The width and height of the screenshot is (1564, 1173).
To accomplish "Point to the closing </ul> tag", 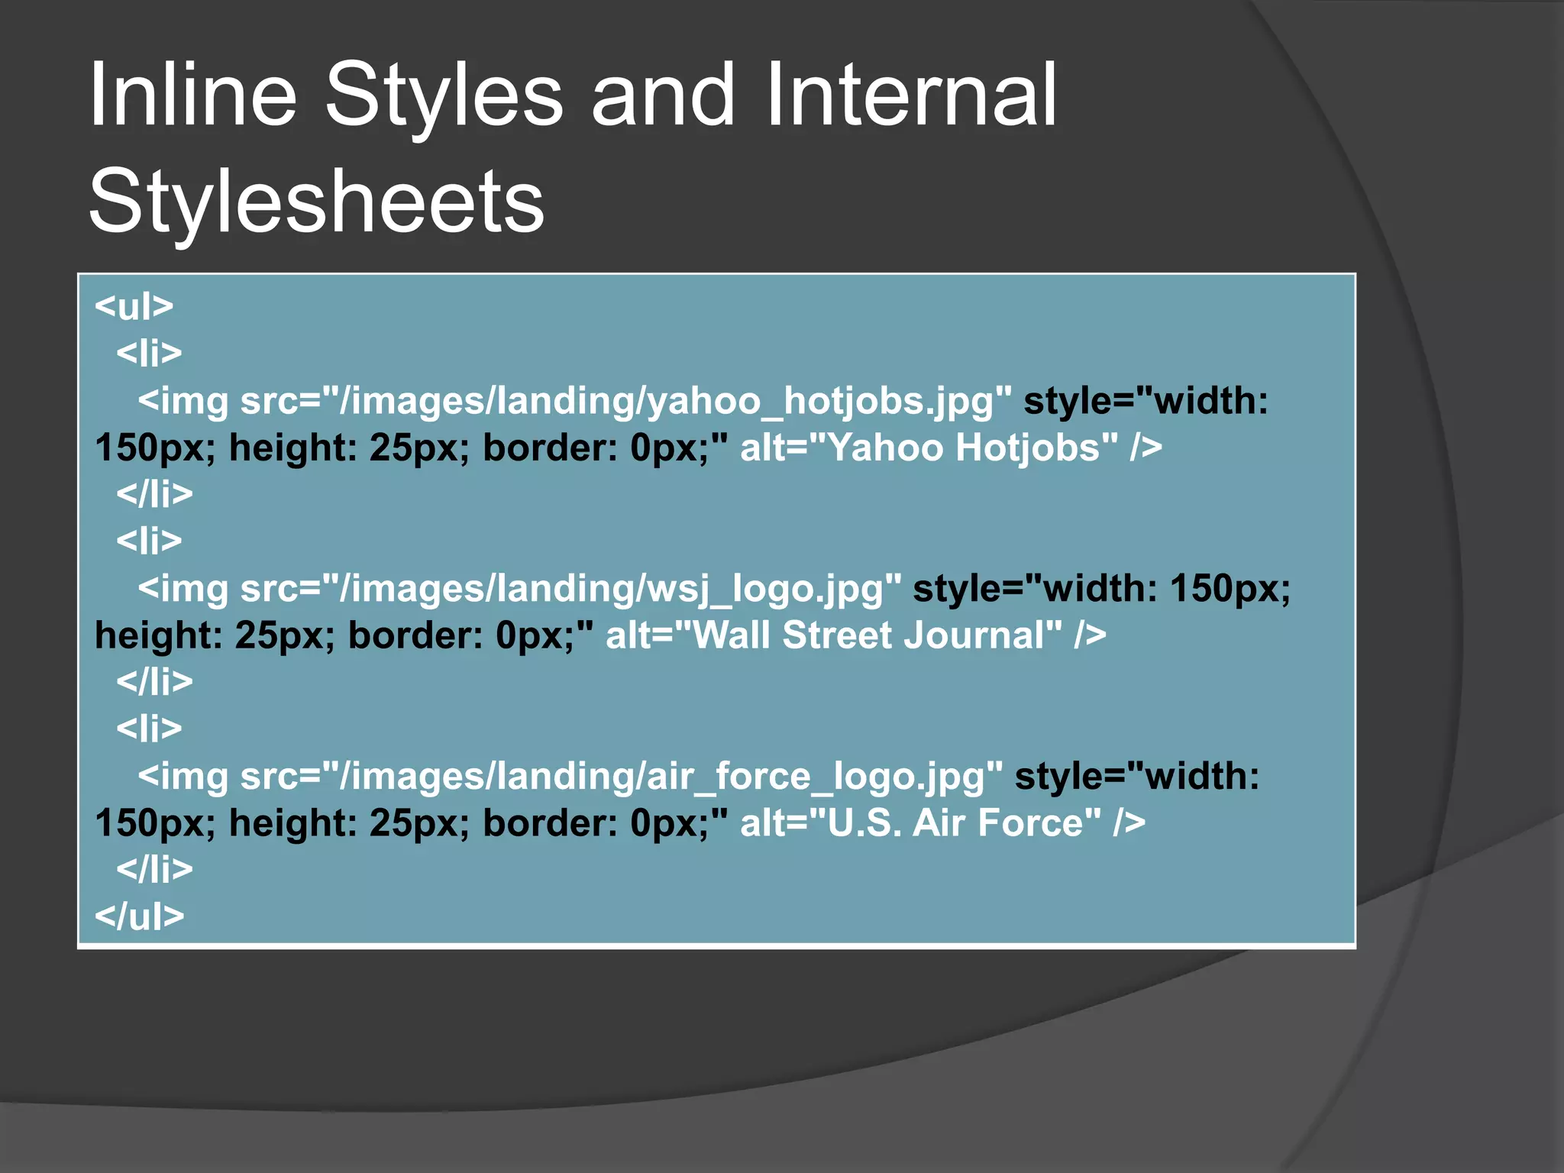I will coord(139,916).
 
